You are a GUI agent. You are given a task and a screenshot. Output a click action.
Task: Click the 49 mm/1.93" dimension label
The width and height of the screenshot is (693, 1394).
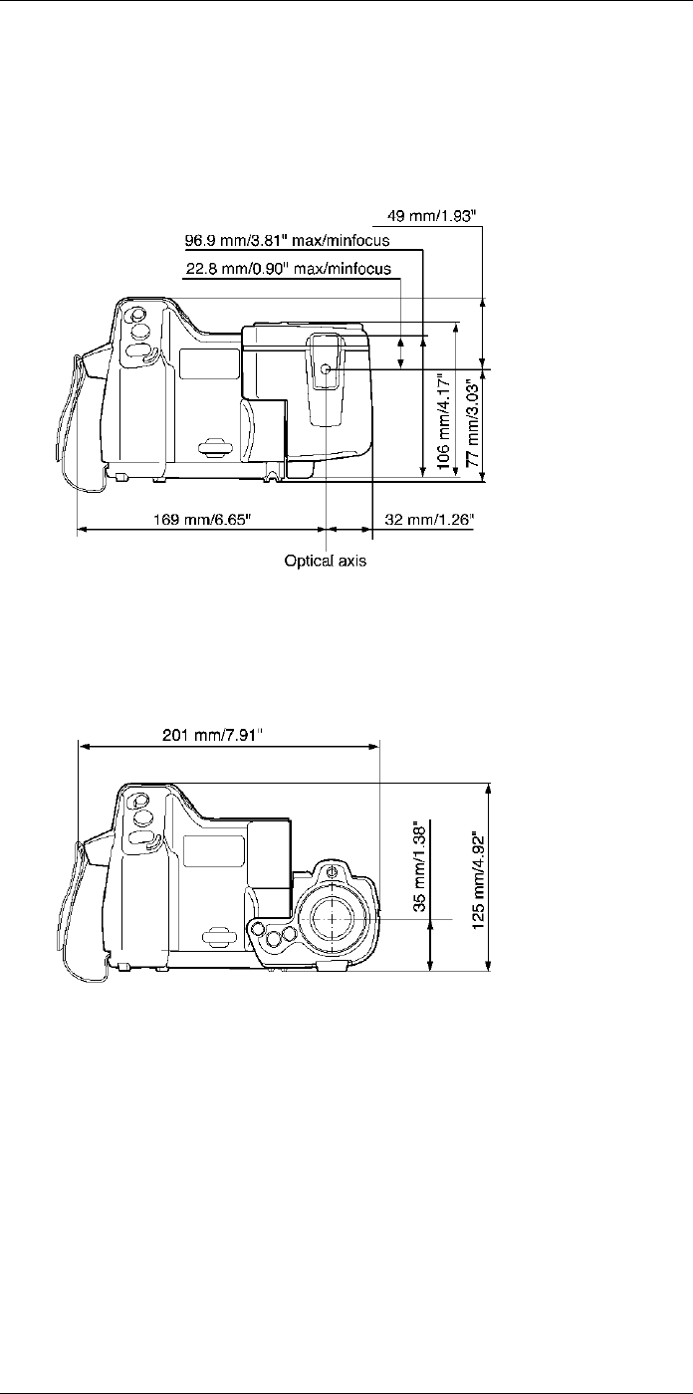(x=432, y=216)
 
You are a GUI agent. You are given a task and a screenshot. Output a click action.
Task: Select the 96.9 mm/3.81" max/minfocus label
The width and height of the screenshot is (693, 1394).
(x=288, y=240)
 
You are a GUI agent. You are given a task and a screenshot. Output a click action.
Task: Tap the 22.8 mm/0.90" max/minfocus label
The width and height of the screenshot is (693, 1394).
(x=289, y=268)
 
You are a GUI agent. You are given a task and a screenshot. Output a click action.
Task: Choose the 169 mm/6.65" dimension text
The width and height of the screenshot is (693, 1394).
(x=202, y=519)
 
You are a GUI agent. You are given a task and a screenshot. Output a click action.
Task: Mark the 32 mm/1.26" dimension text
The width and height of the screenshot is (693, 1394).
(x=430, y=519)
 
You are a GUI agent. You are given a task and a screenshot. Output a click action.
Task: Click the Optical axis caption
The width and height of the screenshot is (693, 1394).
(x=326, y=561)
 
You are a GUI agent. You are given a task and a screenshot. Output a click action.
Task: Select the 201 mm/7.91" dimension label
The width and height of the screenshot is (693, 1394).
(x=212, y=735)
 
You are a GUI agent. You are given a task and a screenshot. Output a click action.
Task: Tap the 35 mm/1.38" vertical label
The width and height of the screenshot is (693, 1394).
(x=421, y=868)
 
